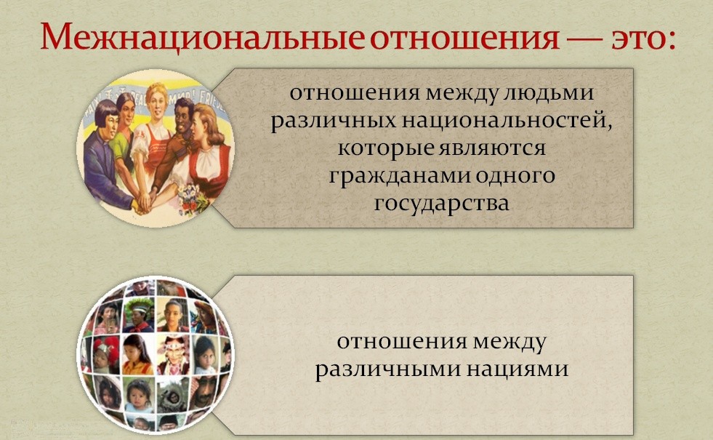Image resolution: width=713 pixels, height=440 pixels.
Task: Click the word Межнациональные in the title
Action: tap(202, 36)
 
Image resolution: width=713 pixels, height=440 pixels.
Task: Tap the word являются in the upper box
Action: tap(493, 148)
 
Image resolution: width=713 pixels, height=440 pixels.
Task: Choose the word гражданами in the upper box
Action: tap(400, 177)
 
